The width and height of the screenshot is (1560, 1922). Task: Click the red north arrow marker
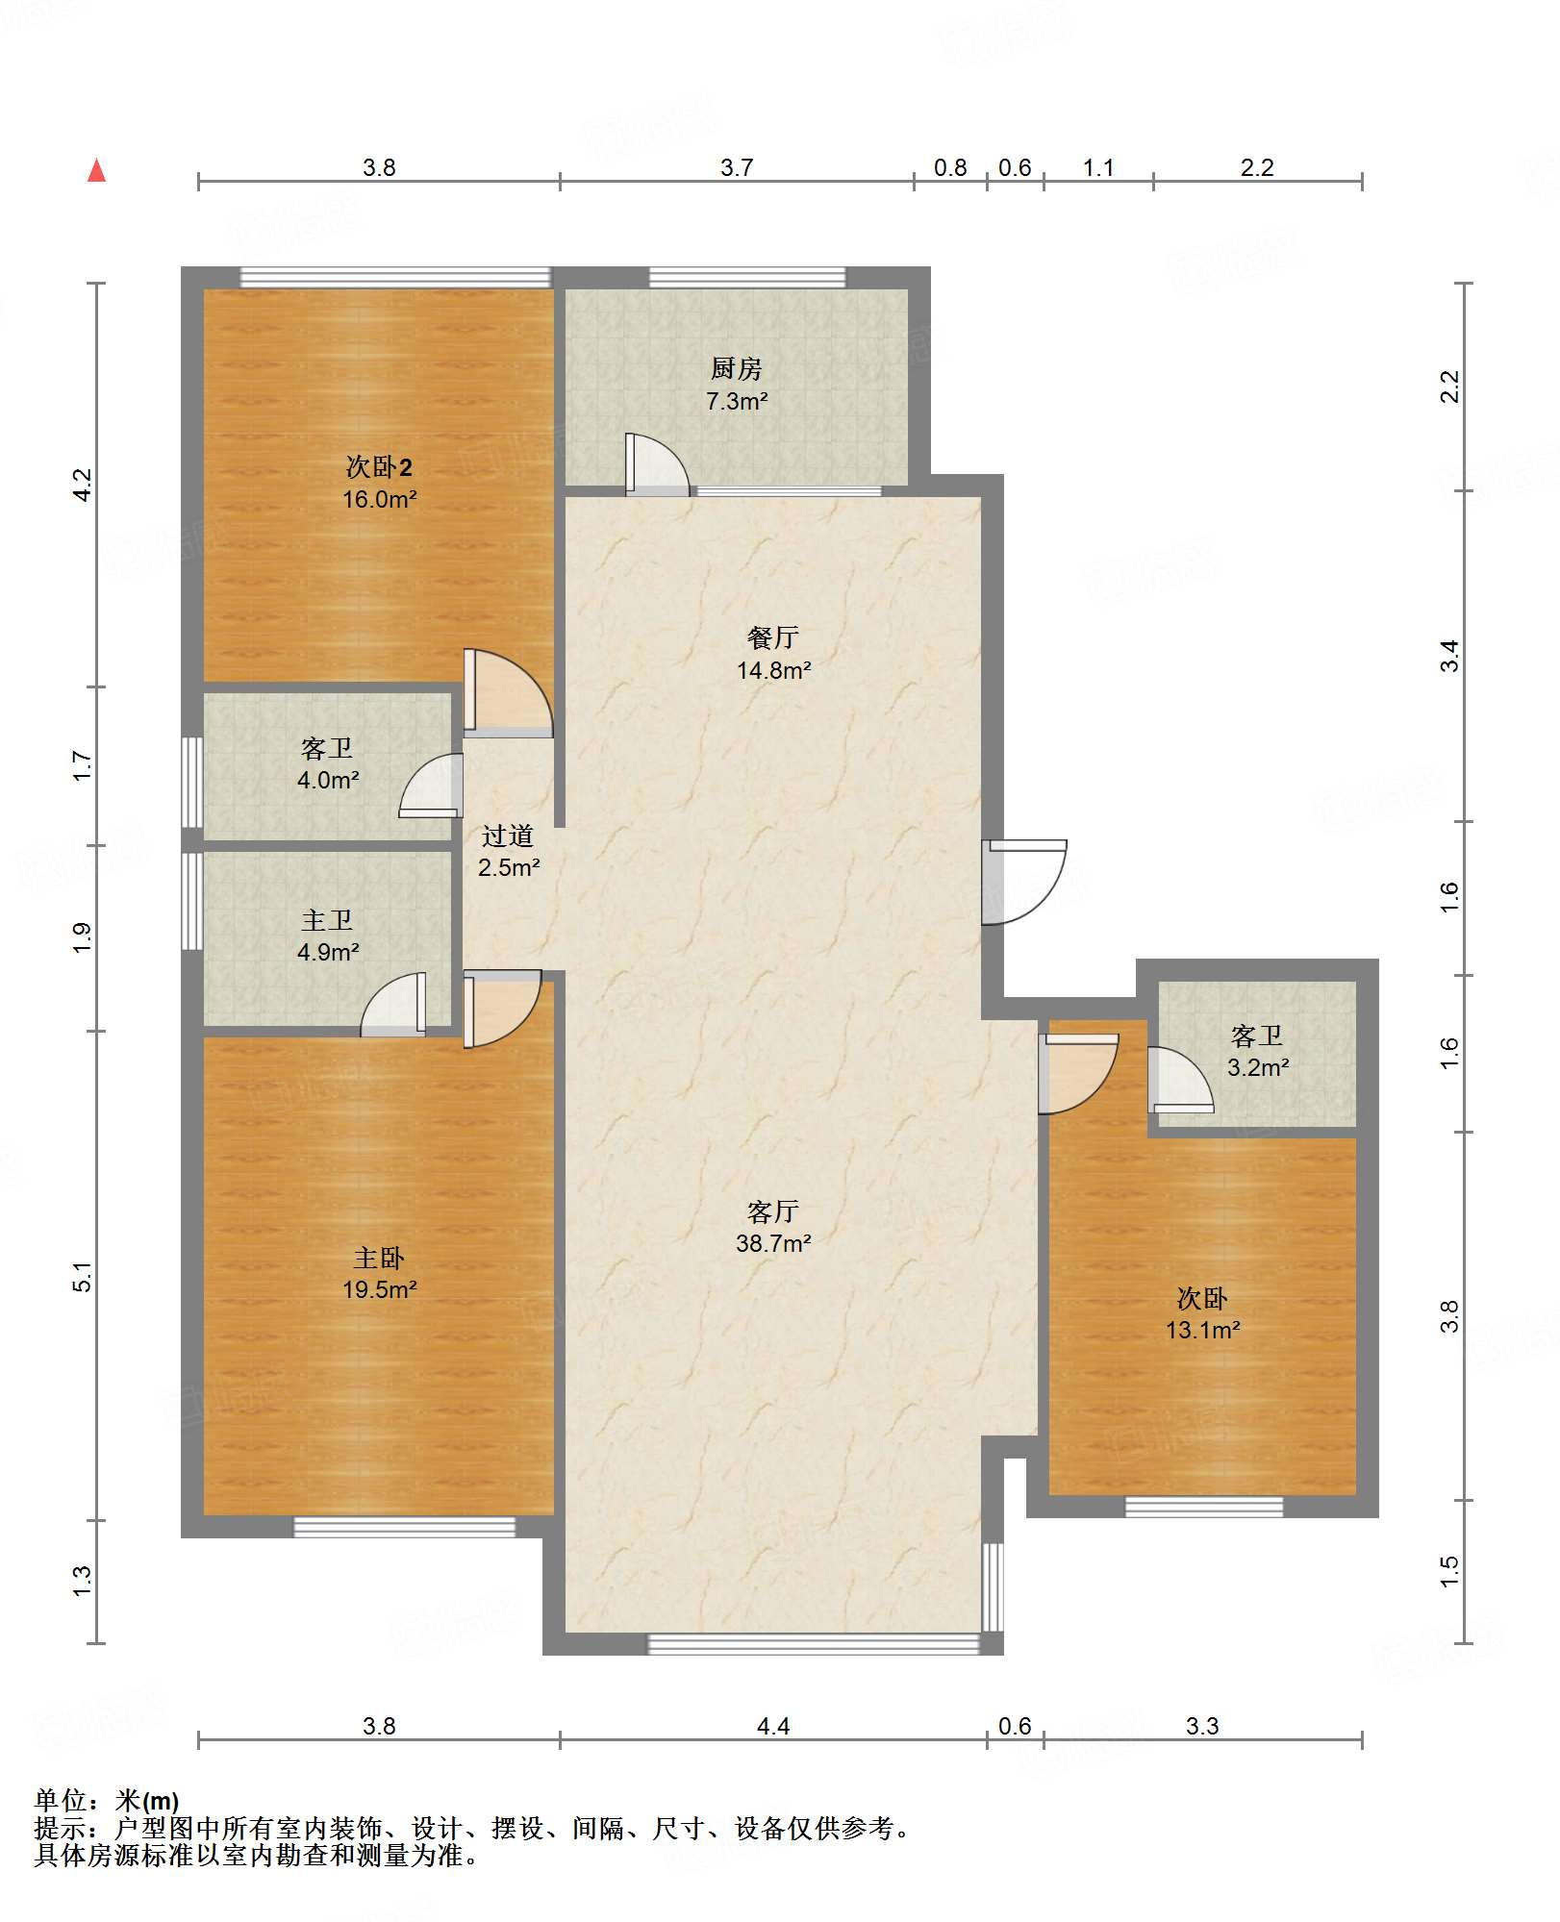tap(97, 170)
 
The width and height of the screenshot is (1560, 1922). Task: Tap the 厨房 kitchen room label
tap(737, 368)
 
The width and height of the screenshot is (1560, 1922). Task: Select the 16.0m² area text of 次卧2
tap(380, 499)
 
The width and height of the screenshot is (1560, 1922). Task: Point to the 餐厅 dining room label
tap(773, 637)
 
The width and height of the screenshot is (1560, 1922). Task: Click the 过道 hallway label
tap(508, 836)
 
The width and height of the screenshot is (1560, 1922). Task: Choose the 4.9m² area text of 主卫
tap(328, 952)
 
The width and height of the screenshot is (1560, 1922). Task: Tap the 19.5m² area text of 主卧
tap(380, 1289)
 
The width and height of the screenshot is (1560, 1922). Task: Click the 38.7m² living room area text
tap(773, 1243)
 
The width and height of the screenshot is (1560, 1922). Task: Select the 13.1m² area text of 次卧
tap(1203, 1330)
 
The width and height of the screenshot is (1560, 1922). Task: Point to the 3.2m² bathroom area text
tap(1258, 1067)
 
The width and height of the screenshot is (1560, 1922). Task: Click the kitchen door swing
tap(657, 464)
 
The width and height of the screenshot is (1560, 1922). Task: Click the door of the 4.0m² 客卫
tap(431, 786)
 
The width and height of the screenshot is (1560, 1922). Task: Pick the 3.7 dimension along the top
tap(737, 167)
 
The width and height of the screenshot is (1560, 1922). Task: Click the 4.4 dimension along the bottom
tap(773, 1726)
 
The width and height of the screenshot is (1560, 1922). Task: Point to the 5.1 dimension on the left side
tap(83, 1276)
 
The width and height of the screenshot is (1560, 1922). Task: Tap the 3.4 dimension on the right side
tap(1449, 656)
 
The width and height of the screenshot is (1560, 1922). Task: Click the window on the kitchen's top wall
tap(747, 278)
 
